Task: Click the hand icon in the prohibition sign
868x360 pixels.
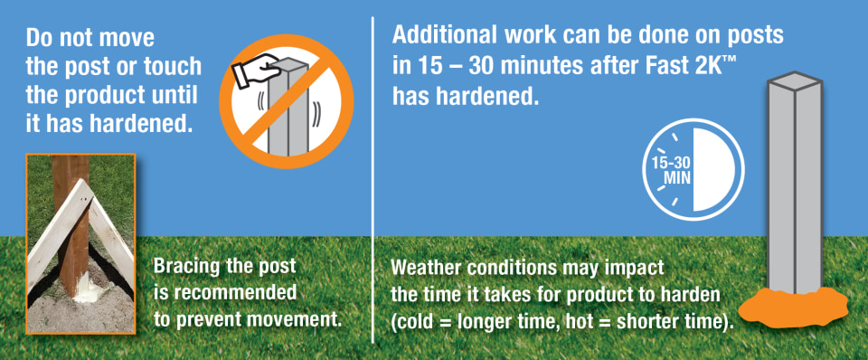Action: point(256,71)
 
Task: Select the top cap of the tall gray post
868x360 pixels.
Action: point(794,81)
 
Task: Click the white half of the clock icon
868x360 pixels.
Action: point(714,169)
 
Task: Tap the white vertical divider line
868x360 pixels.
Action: point(373,179)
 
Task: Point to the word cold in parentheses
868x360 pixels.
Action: point(413,322)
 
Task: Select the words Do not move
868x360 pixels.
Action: point(90,39)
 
